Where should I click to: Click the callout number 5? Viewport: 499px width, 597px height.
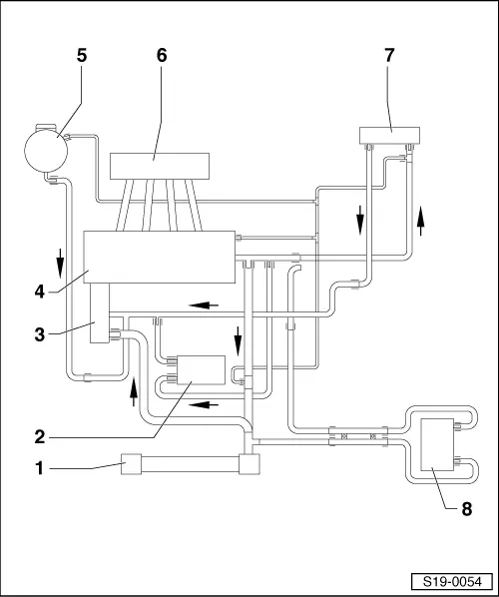pyautogui.click(x=82, y=56)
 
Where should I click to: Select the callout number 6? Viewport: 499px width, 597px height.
pyautogui.click(x=162, y=56)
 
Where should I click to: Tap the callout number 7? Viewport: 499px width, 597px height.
pyautogui.click(x=389, y=56)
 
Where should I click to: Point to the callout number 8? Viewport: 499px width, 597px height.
pyautogui.click(x=467, y=509)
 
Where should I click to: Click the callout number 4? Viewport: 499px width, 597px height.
pyautogui.click(x=40, y=293)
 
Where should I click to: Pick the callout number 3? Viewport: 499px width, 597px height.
pyautogui.click(x=40, y=335)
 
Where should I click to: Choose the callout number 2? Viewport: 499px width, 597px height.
pyautogui.click(x=40, y=436)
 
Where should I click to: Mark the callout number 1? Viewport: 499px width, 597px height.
pyautogui.click(x=40, y=468)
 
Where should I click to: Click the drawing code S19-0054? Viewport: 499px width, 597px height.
pyautogui.click(x=452, y=582)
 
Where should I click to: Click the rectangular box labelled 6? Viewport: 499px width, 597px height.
pyautogui.click(x=160, y=166)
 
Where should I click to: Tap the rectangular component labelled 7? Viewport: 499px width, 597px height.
pyautogui.click(x=390, y=136)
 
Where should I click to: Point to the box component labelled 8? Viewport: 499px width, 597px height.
pyautogui.click(x=437, y=444)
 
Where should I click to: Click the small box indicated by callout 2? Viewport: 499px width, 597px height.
pyautogui.click(x=202, y=370)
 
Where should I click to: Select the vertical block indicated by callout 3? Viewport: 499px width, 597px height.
pyautogui.click(x=100, y=312)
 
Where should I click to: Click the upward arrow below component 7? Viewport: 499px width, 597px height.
pyautogui.click(x=420, y=221)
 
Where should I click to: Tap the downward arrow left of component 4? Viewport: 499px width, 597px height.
pyautogui.click(x=60, y=264)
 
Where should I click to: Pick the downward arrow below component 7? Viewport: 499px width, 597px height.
pyautogui.click(x=360, y=221)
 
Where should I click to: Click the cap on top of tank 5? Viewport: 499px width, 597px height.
pyautogui.click(x=46, y=127)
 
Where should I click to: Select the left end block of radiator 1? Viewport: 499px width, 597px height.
pyautogui.click(x=131, y=464)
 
